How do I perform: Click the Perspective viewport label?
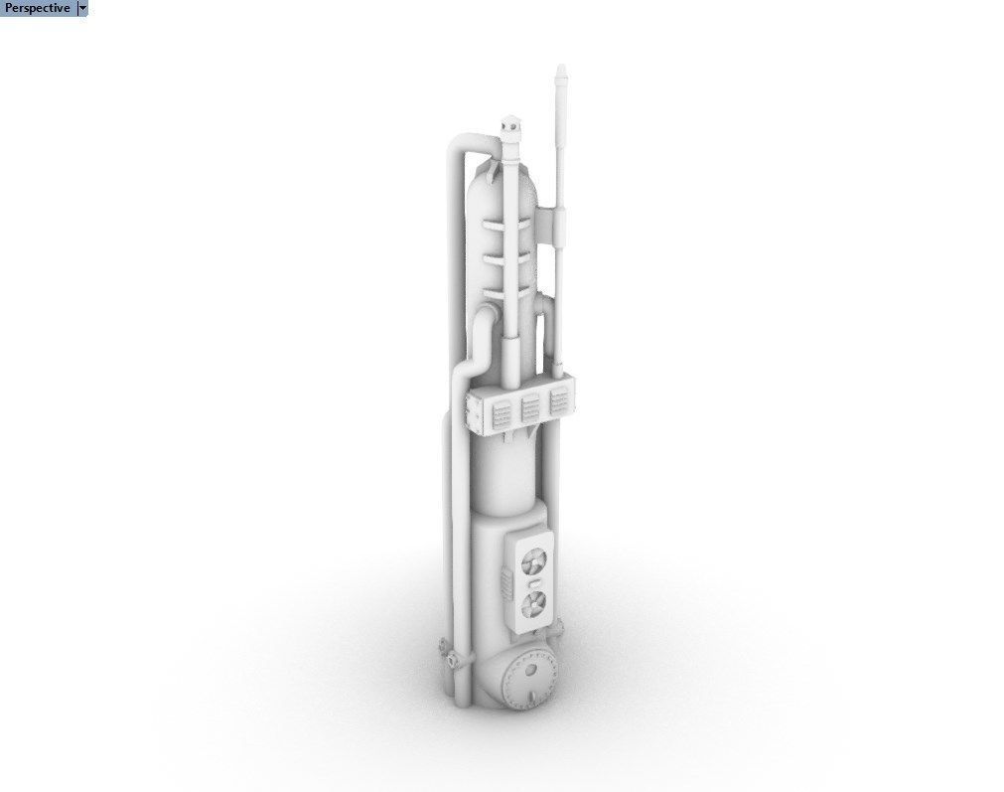point(37,8)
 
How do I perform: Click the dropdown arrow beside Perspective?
point(82,8)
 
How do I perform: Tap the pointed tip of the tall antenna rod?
point(561,66)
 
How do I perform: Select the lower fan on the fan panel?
point(533,603)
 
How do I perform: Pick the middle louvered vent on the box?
point(531,408)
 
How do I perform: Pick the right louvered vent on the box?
point(559,401)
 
